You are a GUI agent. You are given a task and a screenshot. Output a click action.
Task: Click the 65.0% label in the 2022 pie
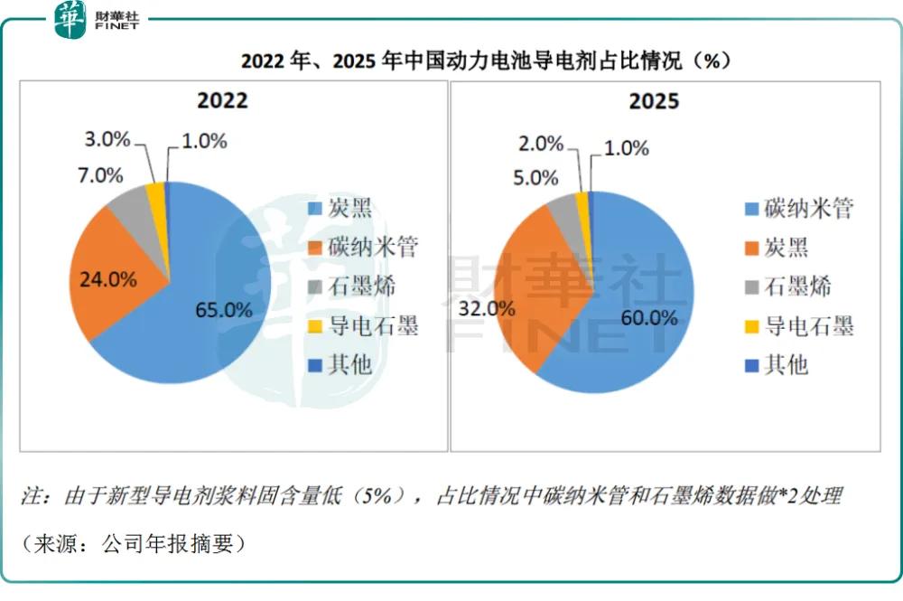coord(223,310)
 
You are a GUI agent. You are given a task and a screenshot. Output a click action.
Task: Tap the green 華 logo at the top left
coord(70,20)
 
